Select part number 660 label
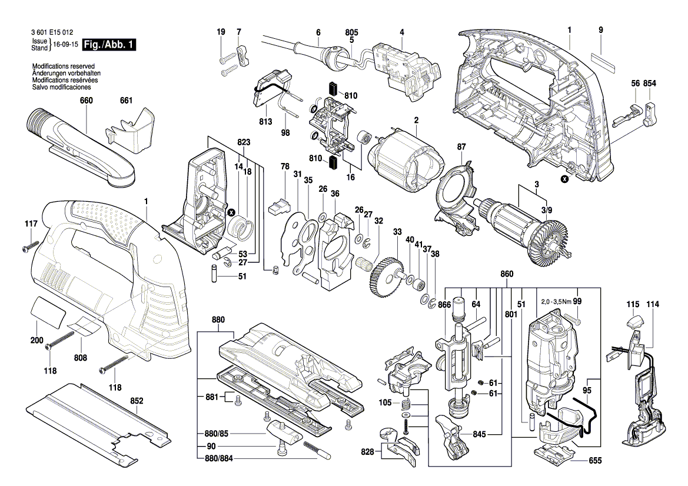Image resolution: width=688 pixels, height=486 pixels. pos(87,101)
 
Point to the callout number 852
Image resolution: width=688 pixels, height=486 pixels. pos(137,401)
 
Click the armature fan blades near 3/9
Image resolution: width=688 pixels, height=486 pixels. pos(547,241)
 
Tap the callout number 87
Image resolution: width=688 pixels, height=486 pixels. pos(461,147)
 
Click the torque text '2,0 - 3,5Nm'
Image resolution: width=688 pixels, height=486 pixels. pos(556,301)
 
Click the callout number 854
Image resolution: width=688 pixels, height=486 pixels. pos(649,84)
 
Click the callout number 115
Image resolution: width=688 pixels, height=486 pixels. pos(633,304)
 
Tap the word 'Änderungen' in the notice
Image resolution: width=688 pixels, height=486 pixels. pos(49,73)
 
